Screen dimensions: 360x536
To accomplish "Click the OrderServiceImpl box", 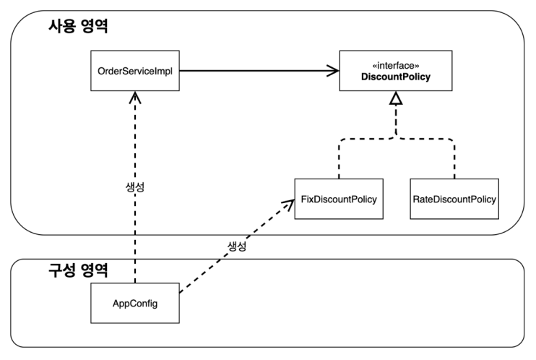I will pyautogui.click(x=134, y=71).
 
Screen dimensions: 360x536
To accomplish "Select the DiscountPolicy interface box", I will pyautogui.click(x=394, y=71).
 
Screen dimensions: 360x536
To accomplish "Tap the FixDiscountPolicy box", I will pyautogui.click(x=337, y=197).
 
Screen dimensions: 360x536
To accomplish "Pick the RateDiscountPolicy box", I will pyautogui.click(x=454, y=197).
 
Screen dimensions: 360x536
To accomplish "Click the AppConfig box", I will pyautogui.click(x=134, y=303).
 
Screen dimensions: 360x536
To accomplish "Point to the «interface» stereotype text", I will pyautogui.click(x=394, y=64).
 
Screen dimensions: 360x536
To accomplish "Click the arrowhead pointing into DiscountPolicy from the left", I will pyautogui.click(x=334, y=71).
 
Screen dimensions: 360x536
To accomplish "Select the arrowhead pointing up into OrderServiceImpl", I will pyautogui.click(x=134, y=97).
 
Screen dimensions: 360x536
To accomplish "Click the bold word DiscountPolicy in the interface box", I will pyautogui.click(x=394, y=77).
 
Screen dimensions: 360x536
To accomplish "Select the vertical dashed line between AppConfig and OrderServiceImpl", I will pyautogui.click(x=134, y=231).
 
